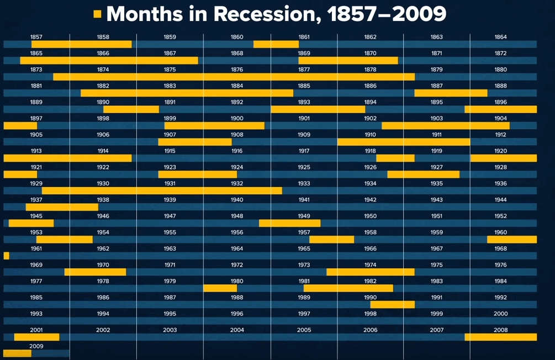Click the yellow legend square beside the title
tap(98, 14)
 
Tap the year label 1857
tap(36, 37)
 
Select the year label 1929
tap(36, 183)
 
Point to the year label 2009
tap(36, 346)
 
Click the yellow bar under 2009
tap(17, 353)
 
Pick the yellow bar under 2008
tap(500, 337)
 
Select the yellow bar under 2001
tap(36, 337)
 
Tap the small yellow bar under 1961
tap(6, 256)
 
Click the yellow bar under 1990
tap(392, 304)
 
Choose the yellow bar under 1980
tap(220, 288)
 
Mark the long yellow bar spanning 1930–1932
tap(162, 190)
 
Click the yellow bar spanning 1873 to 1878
tap(234, 77)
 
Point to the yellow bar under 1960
tap(511, 239)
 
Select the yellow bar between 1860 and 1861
tap(276, 44)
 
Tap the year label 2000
tap(500, 314)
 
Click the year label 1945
tap(36, 216)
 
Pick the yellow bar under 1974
tap(370, 272)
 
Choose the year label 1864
tap(500, 37)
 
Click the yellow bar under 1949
tap(289, 223)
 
